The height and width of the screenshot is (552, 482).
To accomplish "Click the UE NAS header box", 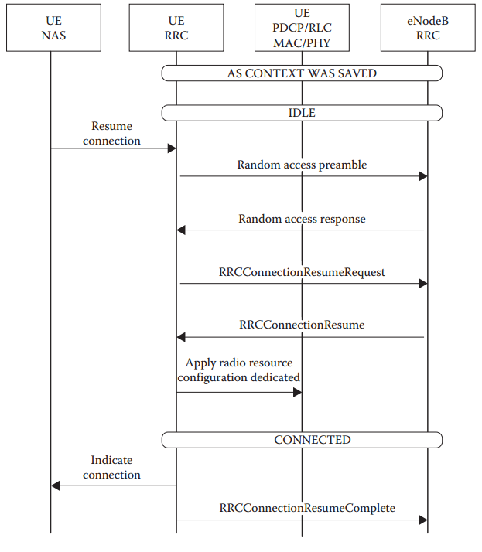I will click(x=50, y=29).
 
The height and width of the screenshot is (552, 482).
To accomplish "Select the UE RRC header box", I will click(x=176, y=29).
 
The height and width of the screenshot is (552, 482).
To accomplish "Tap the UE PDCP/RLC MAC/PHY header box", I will click(x=302, y=29).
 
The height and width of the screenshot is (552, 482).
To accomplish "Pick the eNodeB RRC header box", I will click(x=427, y=29).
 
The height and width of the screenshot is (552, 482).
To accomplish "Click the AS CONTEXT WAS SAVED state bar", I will click(x=302, y=73).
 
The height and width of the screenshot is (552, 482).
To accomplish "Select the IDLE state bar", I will click(x=302, y=113).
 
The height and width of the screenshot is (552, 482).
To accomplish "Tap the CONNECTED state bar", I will click(x=302, y=440).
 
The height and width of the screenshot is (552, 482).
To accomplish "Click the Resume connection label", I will click(x=112, y=133).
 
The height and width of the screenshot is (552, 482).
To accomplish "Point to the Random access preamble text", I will click(x=302, y=165).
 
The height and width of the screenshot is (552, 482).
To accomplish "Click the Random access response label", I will click(x=302, y=219).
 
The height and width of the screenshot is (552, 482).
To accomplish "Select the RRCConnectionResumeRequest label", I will click(x=302, y=272).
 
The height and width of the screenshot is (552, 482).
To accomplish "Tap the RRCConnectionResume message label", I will click(x=302, y=325).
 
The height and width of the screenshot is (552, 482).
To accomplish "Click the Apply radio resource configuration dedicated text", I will click(x=239, y=370).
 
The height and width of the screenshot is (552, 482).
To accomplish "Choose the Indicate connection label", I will click(x=112, y=468).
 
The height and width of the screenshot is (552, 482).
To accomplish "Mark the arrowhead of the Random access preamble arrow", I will click(x=423, y=176).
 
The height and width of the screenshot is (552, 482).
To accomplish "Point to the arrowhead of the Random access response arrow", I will click(x=181, y=230).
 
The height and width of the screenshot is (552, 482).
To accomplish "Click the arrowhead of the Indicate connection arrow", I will click(x=56, y=486).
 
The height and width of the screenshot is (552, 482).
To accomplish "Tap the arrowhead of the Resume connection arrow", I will click(x=172, y=148).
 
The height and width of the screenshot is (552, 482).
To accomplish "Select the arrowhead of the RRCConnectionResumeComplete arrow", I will click(x=423, y=520).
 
